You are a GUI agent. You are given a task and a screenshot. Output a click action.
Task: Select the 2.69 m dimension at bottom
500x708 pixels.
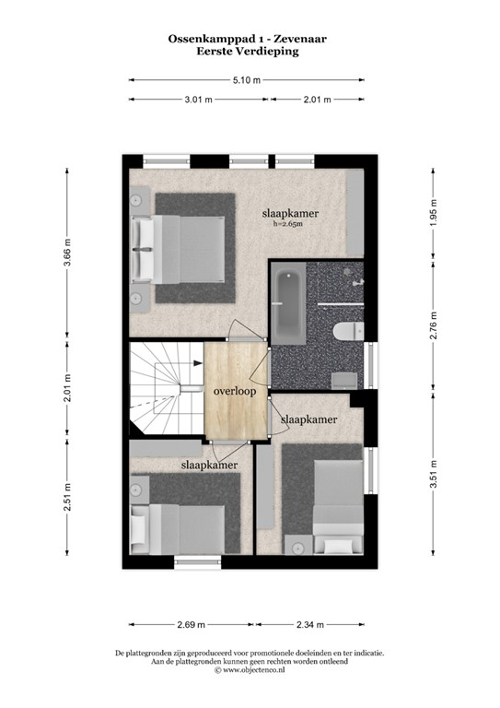tap(191, 624)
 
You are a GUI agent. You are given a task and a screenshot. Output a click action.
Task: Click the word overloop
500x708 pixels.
tap(235, 390)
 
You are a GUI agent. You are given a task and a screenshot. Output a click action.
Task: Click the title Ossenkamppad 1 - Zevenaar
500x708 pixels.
tap(249, 40)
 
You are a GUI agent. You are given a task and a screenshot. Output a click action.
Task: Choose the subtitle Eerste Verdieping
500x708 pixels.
tap(249, 53)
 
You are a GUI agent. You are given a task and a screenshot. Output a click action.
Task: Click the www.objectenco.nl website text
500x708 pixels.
tap(251, 670)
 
